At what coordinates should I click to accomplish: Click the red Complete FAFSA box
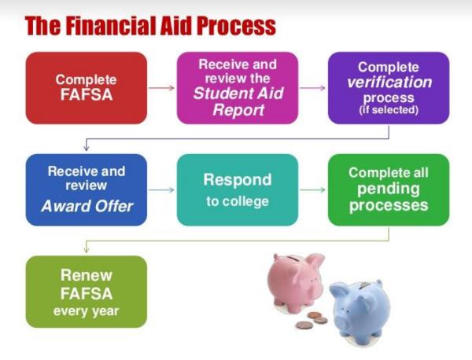[87, 87]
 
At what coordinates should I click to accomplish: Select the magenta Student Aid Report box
[238, 87]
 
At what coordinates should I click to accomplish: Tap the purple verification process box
[389, 87]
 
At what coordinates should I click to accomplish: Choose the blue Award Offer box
[87, 189]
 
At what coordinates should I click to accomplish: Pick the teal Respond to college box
[238, 189]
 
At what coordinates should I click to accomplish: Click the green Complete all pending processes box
[389, 189]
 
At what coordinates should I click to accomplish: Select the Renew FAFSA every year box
[87, 292]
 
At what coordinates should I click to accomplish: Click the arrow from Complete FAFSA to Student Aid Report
[161, 87]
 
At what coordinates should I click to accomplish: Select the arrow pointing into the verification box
[312, 87]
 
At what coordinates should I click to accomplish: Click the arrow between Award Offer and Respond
[161, 189]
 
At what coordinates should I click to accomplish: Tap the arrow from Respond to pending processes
[312, 189]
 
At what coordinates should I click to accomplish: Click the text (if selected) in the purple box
[389, 110]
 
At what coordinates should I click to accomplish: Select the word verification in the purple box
[389, 83]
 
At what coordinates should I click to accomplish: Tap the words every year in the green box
[87, 310]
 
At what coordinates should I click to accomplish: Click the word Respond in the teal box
[238, 179]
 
